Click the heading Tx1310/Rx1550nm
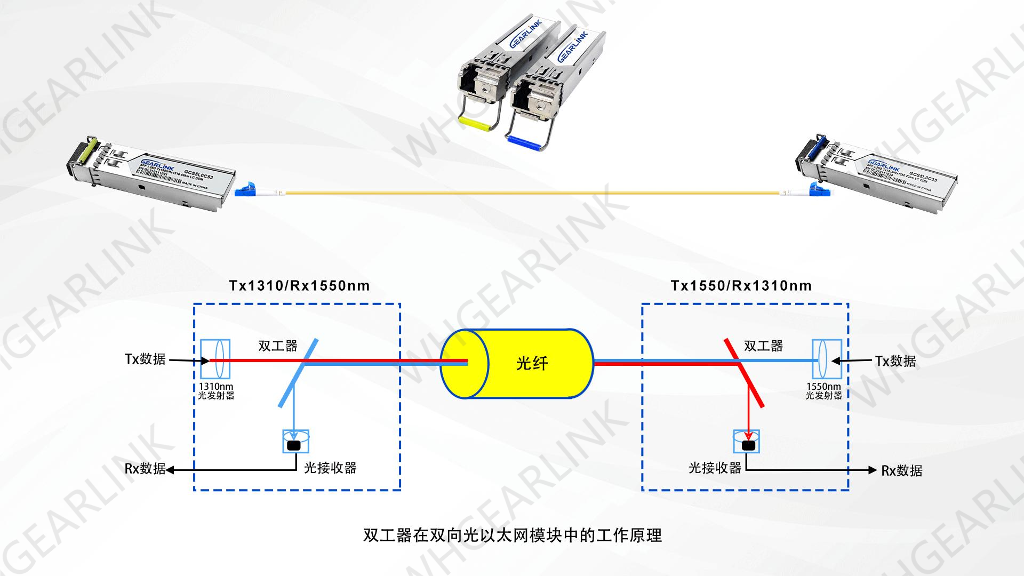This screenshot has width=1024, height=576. [299, 286]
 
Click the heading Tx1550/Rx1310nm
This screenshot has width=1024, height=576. [741, 286]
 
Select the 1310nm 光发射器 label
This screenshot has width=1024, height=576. [216, 391]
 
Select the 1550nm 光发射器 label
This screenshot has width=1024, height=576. [823, 391]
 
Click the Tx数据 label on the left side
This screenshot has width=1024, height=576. [145, 359]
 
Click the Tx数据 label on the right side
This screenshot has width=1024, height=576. [895, 361]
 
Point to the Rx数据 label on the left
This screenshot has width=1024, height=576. [145, 468]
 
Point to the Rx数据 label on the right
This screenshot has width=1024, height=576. [901, 470]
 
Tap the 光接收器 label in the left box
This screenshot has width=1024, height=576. [330, 468]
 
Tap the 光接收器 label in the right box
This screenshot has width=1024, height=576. [715, 468]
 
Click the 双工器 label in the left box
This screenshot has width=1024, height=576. [277, 346]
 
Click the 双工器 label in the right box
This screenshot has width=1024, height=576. [763, 346]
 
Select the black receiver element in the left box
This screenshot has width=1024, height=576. [294, 445]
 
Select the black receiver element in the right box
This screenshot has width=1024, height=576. [748, 445]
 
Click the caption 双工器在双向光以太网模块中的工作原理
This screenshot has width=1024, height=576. [512, 535]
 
